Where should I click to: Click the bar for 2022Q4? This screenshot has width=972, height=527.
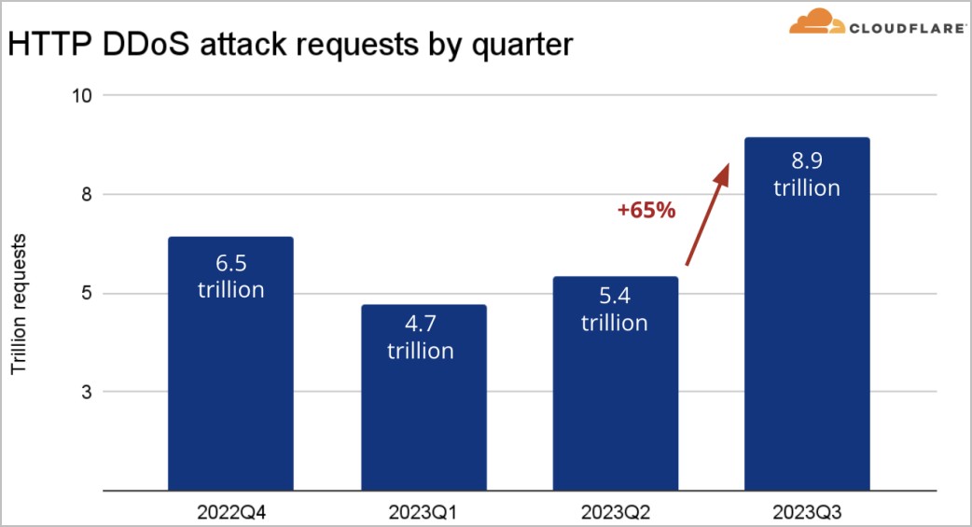coord(230,392)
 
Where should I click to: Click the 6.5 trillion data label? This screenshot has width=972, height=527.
coord(230,277)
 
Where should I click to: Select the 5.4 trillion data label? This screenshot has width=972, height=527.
coord(615,311)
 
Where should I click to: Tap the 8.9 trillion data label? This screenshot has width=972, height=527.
coord(807,175)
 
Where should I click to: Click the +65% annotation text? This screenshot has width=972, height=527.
coord(646,210)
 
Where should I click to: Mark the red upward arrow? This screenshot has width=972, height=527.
coord(706,216)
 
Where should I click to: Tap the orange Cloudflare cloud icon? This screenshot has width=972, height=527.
coord(816,22)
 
